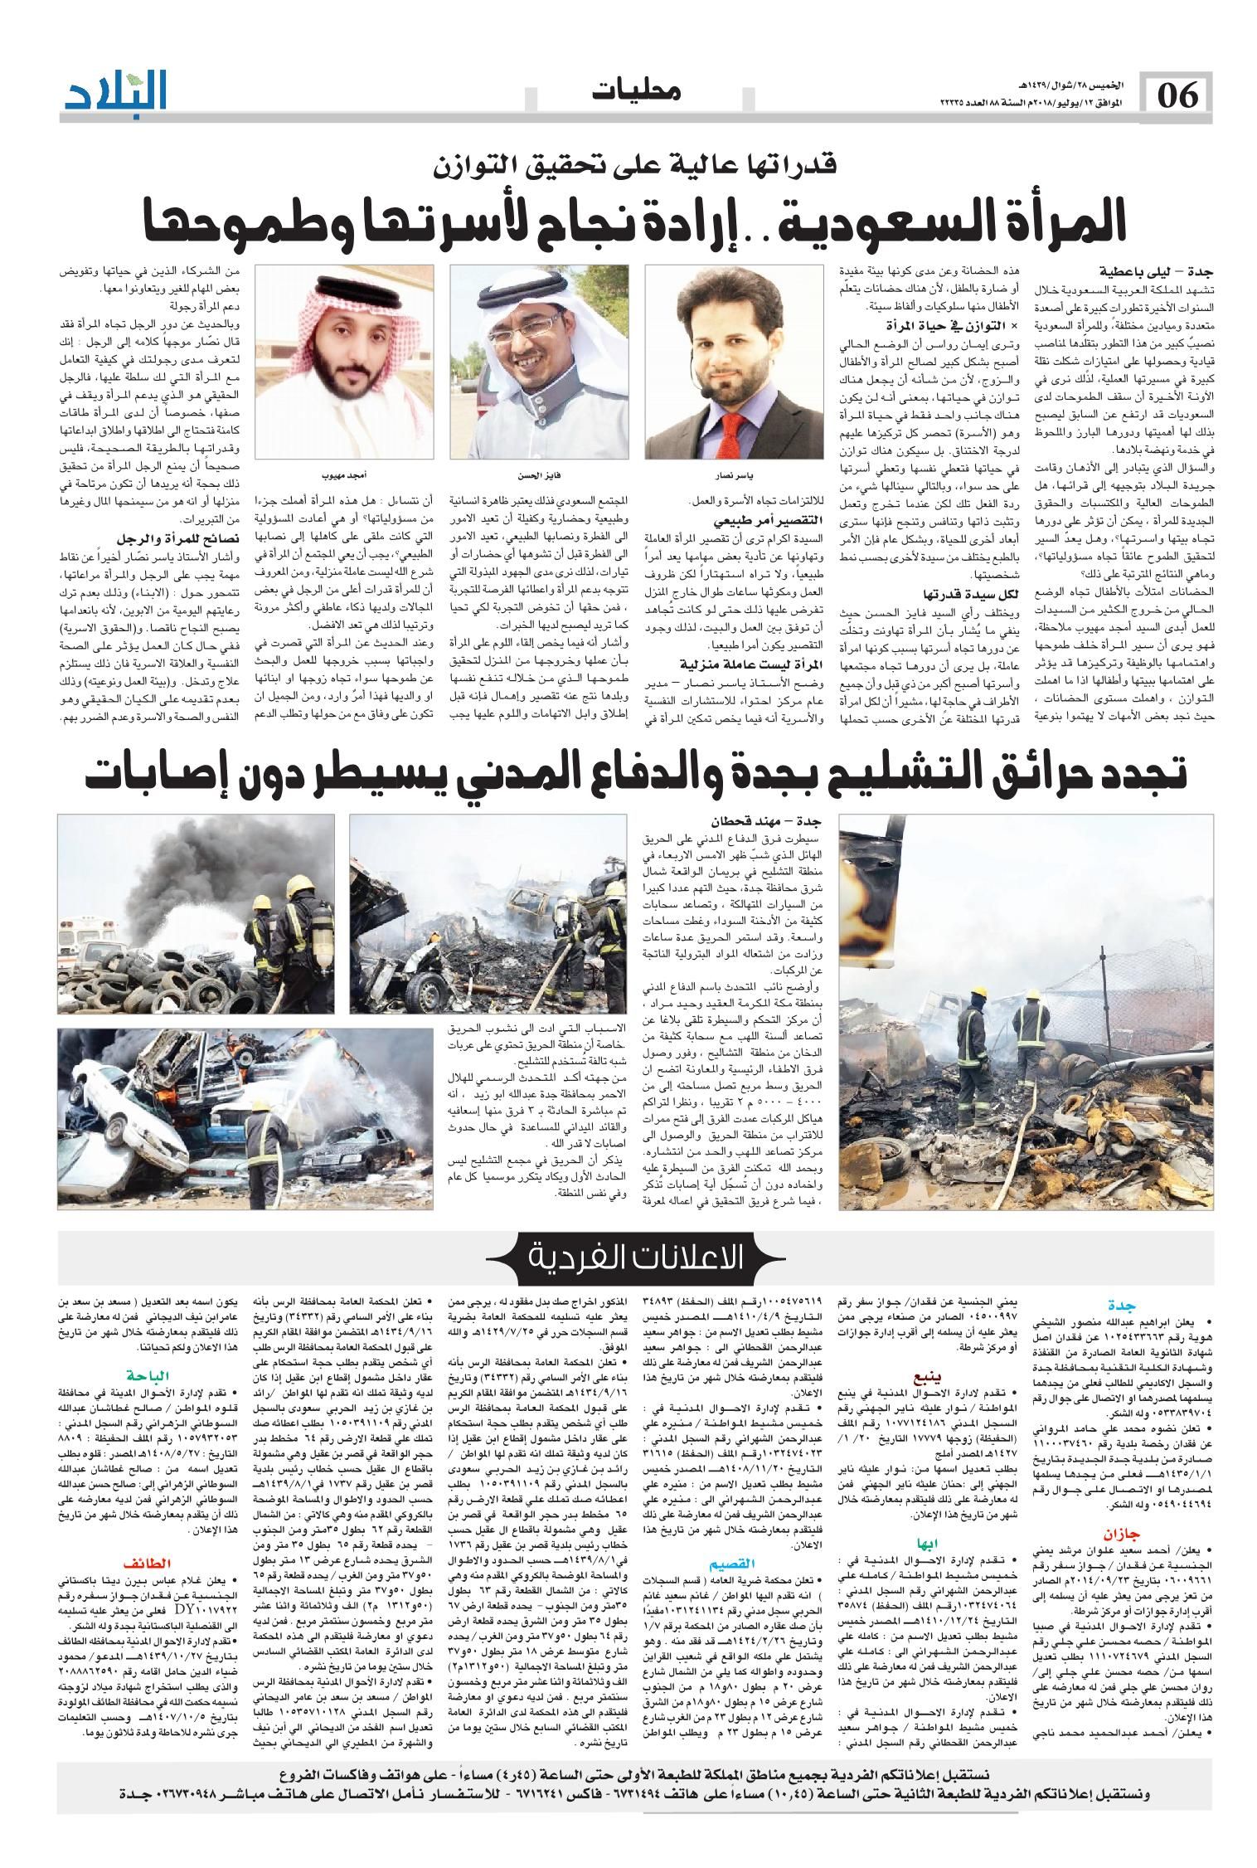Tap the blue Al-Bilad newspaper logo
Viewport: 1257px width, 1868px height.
coord(117,90)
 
